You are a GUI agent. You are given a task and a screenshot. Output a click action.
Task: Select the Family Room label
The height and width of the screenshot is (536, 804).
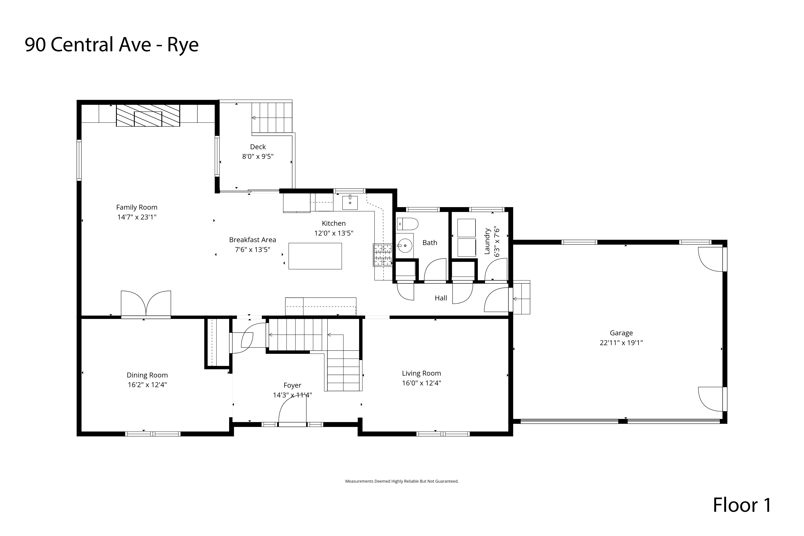137,207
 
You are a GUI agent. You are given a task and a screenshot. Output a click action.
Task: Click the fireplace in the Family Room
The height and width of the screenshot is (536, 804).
148,115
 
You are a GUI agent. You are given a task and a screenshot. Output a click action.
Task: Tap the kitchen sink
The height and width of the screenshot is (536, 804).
350,203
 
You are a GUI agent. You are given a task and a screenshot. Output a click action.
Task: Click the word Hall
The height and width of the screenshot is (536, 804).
441,298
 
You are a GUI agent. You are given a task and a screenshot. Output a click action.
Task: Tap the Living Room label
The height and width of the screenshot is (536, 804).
421,373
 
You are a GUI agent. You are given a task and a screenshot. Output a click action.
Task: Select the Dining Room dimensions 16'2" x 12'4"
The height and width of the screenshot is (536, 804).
147,385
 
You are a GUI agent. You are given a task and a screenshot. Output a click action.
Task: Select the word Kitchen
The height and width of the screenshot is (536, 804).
334,223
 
